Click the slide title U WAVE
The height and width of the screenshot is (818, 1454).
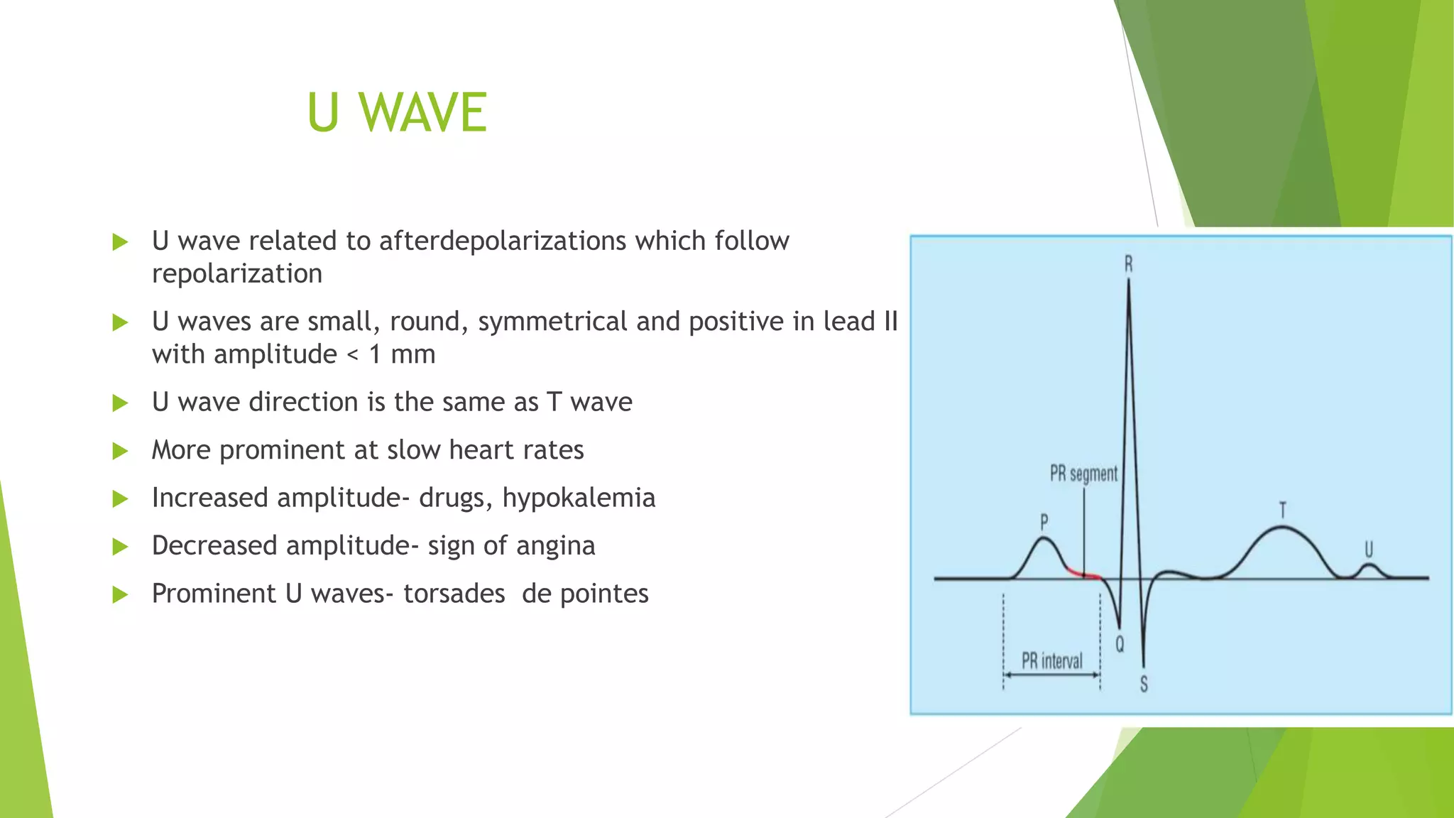coord(397,112)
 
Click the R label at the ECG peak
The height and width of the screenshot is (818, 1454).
coord(1129,265)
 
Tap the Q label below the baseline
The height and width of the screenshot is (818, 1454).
coord(1120,644)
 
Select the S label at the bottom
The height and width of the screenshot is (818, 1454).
coord(1144,684)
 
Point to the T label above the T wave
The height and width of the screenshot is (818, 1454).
coord(1282,511)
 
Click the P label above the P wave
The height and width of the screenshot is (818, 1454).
coord(1044,523)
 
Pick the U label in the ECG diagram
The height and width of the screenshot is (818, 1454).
coord(1369,549)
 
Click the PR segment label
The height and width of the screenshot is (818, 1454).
coord(1083,474)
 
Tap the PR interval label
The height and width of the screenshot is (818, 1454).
coord(1051,661)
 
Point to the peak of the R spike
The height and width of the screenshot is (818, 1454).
coord(1129,281)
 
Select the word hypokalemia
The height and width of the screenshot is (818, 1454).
coord(579,498)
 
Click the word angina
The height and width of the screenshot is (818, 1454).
coord(555,546)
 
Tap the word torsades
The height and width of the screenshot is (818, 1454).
coord(454,594)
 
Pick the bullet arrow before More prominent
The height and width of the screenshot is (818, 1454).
coord(120,451)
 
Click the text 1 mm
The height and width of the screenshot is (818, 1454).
coord(402,354)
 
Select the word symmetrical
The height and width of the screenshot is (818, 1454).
coord(552,322)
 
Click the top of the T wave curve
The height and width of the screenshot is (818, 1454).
coord(1281,527)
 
